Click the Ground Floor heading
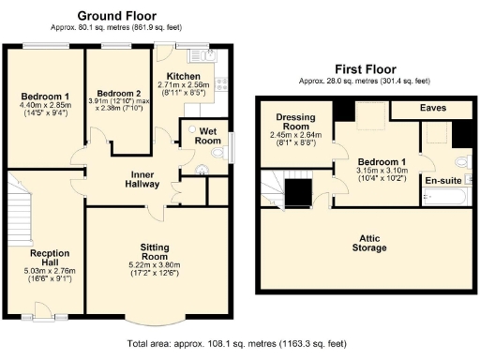116,15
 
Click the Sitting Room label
155,250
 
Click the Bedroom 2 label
118,93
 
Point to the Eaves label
432,109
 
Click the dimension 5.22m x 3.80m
155,265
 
